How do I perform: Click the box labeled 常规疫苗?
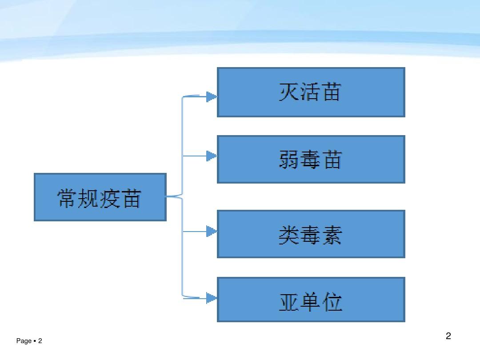coord(100,197)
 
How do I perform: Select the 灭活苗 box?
coord(311,92)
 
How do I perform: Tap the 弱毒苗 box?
coord(311,160)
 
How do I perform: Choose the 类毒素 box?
coord(311,234)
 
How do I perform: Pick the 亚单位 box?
coord(311,300)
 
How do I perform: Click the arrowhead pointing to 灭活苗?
coord(212,97)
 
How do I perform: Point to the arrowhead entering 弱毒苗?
coord(212,156)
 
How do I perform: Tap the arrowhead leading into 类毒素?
coord(212,232)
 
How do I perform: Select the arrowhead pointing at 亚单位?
coord(212,298)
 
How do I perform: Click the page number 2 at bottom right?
coord(448,336)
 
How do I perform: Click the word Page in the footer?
coord(24,341)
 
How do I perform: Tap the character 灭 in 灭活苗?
coord(289,92)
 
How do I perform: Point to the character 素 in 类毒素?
coord(332,235)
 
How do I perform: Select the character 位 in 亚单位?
coord(332,302)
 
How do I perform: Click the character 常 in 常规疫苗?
coord(68,198)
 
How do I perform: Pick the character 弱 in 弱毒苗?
coord(289,160)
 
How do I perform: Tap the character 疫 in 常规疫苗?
coord(110,198)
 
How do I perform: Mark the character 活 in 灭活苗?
coord(310,92)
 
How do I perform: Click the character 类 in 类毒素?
coord(289,235)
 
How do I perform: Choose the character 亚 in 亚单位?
coord(289,302)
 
